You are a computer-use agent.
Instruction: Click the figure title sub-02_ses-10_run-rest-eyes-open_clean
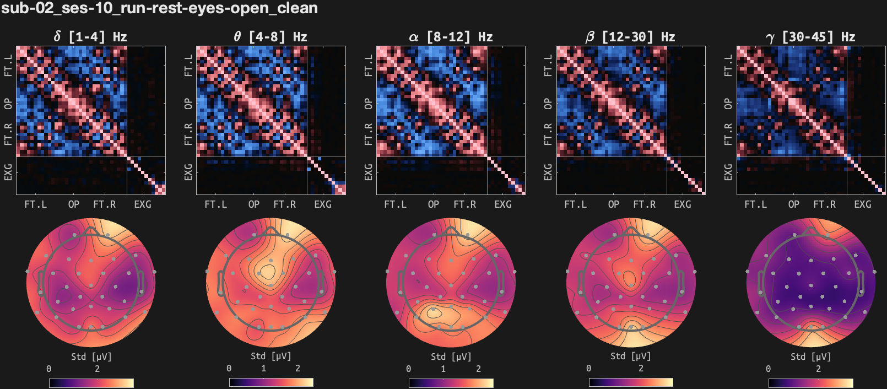[159, 8]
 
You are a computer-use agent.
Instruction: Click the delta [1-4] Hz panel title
[90, 37]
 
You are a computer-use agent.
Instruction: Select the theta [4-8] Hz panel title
[271, 37]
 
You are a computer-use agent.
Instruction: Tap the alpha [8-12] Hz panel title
[451, 37]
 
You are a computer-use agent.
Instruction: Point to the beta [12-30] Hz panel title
[630, 37]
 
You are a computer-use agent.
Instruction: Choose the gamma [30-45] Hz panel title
[810, 37]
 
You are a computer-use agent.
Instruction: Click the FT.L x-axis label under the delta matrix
[36, 204]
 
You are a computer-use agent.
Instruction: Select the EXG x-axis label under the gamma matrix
[863, 204]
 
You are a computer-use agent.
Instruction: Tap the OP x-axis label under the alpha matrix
[434, 204]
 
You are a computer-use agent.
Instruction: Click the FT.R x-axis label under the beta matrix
[645, 204]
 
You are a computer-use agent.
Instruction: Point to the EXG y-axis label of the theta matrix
[188, 172]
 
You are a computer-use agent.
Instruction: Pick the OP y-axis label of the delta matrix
[8, 104]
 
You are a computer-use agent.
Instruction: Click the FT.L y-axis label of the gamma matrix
[728, 66]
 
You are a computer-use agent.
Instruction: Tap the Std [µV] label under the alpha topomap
[451, 356]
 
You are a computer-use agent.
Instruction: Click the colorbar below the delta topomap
[91, 383]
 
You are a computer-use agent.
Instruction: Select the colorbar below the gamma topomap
[810, 383]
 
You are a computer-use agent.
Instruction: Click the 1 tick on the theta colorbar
[263, 369]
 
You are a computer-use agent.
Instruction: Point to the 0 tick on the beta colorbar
[588, 369]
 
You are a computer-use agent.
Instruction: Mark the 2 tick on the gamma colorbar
[818, 369]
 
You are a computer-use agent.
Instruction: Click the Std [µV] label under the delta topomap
[91, 356]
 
